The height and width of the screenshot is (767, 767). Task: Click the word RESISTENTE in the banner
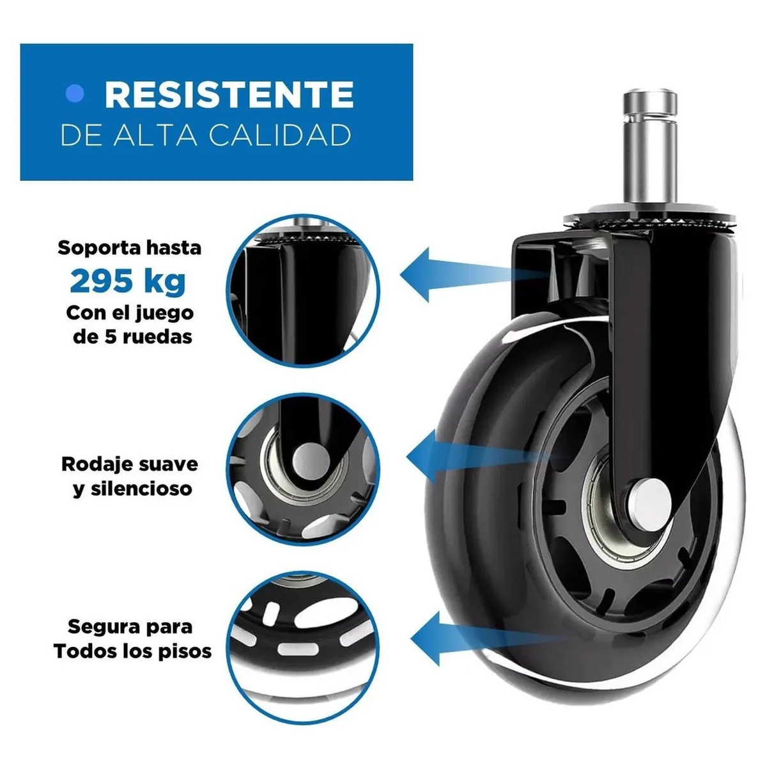coord(229,95)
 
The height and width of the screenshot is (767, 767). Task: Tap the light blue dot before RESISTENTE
coord(75,94)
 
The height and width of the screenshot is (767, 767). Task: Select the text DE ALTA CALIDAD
coord(206,136)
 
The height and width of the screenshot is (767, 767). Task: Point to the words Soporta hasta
coord(129,248)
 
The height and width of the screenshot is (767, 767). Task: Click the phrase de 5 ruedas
coord(132,337)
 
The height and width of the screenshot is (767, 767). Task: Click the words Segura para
coord(130,626)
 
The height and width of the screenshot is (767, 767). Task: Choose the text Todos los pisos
coord(132,651)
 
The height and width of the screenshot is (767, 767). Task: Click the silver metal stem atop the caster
coord(649,150)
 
